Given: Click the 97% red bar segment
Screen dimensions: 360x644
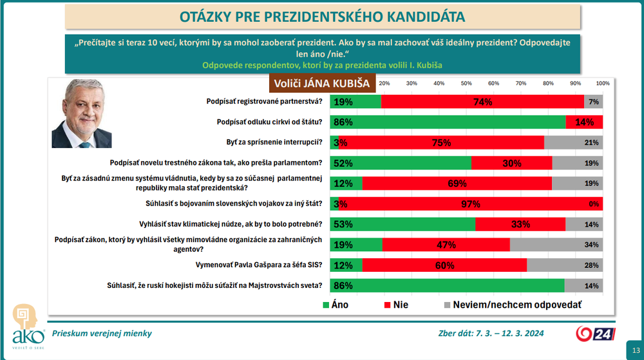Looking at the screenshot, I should [471, 204].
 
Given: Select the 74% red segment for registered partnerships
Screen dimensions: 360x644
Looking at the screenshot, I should [482, 102].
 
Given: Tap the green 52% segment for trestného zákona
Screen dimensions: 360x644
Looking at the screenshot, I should [401, 163].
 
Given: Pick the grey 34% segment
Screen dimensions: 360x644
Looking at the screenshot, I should [556, 245].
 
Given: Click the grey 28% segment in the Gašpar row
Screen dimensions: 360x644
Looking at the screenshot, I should [565, 265].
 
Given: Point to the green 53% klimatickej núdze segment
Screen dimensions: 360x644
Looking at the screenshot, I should [402, 224].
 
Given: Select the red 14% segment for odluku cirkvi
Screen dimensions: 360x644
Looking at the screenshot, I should [584, 122].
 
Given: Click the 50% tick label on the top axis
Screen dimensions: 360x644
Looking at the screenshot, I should [466, 84].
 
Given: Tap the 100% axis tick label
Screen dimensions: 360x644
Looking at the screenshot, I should [603, 84].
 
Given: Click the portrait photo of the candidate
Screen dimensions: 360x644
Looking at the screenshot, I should [81, 114].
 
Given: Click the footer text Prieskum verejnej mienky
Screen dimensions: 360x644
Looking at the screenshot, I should [98, 333].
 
